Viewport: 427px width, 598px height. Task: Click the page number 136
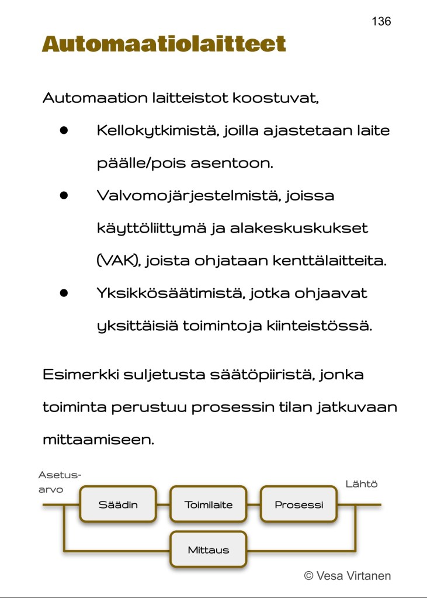tap(381, 22)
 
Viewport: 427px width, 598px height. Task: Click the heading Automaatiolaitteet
tap(164, 44)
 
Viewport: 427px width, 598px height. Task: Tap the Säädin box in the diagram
tap(118, 504)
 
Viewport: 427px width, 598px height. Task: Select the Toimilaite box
tap(209, 504)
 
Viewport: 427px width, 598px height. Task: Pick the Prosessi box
tap(298, 504)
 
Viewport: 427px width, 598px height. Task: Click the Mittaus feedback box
tap(209, 549)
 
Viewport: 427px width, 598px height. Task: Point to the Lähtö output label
tap(362, 484)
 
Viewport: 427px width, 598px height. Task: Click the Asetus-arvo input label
tap(59, 482)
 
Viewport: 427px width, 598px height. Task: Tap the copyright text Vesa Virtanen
tap(348, 576)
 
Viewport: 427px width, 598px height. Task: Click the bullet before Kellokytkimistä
tap(64, 130)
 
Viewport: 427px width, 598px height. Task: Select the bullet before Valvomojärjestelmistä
tap(64, 196)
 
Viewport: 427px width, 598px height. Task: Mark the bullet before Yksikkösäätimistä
tap(64, 293)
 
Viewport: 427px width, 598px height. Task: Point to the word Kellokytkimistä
tap(157, 130)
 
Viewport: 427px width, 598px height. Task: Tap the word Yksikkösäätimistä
tap(170, 293)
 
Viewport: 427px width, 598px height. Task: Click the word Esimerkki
tap(80, 374)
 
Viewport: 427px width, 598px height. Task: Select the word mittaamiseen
tap(98, 440)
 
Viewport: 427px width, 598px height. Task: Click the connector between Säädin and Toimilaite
tap(163, 504)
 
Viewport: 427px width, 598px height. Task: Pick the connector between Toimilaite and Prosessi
tap(254, 504)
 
